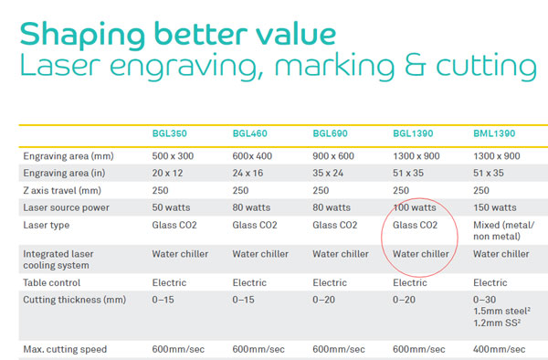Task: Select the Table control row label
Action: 53,283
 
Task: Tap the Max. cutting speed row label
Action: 65,349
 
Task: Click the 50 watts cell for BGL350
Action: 172,207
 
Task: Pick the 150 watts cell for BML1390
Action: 496,207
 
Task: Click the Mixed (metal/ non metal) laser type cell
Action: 502,231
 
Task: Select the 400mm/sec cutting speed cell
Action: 500,349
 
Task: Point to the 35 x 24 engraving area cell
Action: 332,173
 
